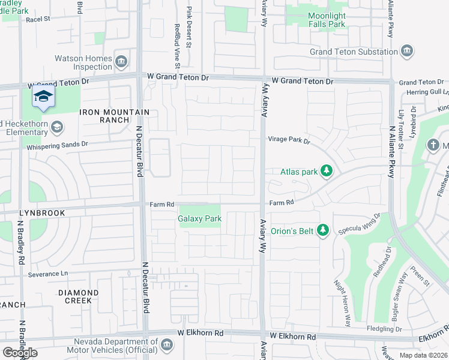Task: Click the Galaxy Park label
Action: pyautogui.click(x=200, y=219)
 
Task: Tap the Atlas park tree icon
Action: pyautogui.click(x=327, y=172)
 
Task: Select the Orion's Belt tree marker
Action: pyautogui.click(x=323, y=230)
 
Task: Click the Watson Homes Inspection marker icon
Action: pyautogui.click(x=121, y=62)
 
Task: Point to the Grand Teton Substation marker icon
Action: pyautogui.click(x=408, y=52)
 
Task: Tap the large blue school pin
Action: pyautogui.click(x=43, y=98)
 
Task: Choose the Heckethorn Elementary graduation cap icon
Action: pyautogui.click(x=56, y=127)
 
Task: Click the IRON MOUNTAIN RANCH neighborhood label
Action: pyautogui.click(x=113, y=116)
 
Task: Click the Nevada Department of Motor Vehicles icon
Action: pyautogui.click(x=167, y=344)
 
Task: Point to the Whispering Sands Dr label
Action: pyautogui.click(x=57, y=145)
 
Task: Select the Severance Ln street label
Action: pyautogui.click(x=48, y=274)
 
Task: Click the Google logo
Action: pyautogui.click(x=20, y=353)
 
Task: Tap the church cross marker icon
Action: pyautogui.click(x=433, y=145)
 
